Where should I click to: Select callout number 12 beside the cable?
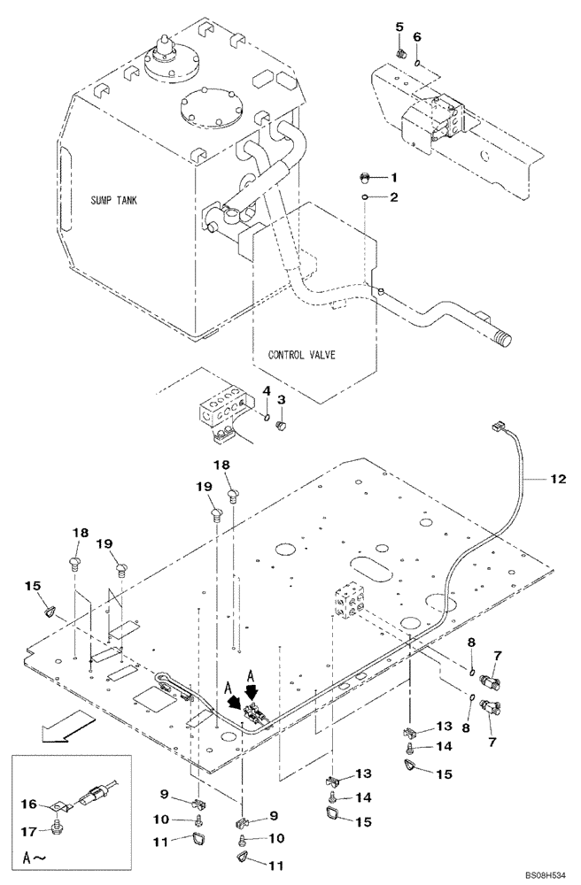[x=556, y=480]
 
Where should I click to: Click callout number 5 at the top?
[x=399, y=28]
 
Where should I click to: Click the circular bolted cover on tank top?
[x=207, y=112]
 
